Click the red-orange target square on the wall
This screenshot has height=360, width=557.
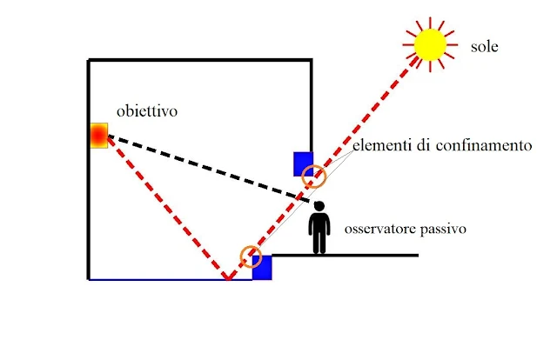98,136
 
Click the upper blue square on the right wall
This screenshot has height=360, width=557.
303,163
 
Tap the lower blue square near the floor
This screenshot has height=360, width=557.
263,268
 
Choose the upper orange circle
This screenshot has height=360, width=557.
312,178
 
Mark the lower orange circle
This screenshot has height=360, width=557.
251,256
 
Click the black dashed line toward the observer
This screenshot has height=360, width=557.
209,167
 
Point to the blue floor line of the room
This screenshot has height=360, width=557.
157,280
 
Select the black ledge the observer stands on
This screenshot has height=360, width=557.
366,255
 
